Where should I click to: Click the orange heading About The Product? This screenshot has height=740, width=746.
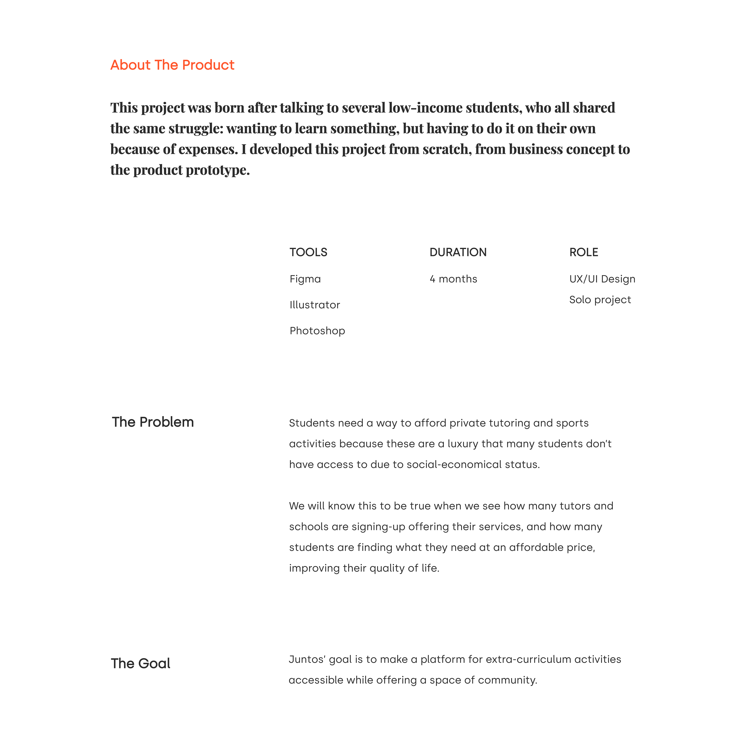(x=172, y=65)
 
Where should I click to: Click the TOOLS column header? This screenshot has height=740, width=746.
(x=308, y=252)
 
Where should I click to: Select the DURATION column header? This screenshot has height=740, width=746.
(x=458, y=252)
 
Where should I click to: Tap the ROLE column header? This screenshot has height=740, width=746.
(x=583, y=252)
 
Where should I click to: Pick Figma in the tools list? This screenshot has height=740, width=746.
(x=305, y=279)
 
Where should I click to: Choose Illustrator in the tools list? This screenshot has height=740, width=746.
(x=315, y=305)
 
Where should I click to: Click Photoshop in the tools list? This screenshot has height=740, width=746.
(x=317, y=331)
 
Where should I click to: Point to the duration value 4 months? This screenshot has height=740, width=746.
(x=453, y=279)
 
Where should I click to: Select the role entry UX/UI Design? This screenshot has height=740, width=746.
(x=602, y=279)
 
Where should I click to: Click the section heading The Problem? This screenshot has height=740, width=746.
(x=153, y=422)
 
